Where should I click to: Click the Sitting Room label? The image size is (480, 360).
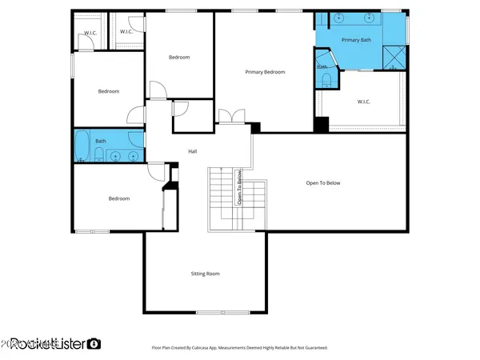click(205, 274)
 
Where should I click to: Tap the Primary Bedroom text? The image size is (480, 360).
click(265, 72)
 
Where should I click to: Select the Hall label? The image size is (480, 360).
click(192, 151)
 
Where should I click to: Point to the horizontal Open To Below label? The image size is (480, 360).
click(323, 183)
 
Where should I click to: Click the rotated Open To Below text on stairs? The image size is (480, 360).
click(238, 187)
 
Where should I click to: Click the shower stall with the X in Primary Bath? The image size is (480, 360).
click(394, 57)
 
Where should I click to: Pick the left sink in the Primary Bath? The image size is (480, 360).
click(337, 18)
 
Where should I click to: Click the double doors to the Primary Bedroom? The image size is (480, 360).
click(232, 117)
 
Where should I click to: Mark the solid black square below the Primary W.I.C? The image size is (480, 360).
click(321, 125)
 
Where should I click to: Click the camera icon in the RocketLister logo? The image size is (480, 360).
click(94, 344)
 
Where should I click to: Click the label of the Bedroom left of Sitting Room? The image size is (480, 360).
click(119, 198)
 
